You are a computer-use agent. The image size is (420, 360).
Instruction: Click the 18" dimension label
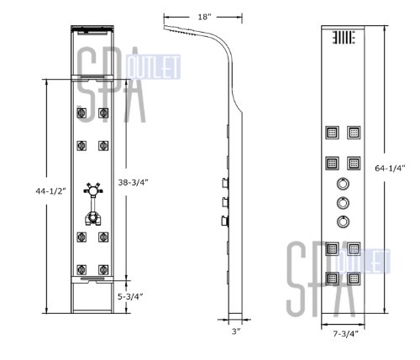(204, 17)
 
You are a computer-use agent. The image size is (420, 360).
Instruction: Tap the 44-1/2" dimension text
(50, 191)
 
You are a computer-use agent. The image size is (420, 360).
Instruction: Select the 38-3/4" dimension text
(133, 182)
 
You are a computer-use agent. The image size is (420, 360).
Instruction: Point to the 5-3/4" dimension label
(130, 296)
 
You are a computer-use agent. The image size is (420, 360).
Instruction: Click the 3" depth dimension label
(236, 331)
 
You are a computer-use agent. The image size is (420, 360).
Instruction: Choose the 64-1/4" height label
(390, 168)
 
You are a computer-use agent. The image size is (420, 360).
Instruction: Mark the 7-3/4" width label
(345, 334)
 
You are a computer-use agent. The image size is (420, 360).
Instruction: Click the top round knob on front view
(343, 184)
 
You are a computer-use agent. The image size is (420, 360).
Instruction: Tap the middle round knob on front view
(343, 203)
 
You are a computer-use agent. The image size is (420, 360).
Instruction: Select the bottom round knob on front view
(343, 222)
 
